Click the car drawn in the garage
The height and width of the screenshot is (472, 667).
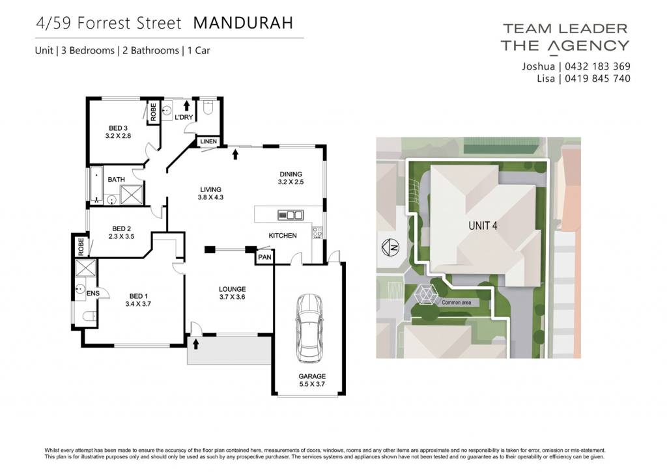point(309,328)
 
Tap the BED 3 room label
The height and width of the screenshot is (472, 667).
point(118,128)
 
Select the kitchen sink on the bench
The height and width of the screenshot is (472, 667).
point(291,215)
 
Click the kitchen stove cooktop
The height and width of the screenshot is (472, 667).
point(317,232)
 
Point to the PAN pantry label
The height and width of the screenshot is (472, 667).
point(264,257)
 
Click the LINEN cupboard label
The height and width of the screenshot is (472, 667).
point(208,141)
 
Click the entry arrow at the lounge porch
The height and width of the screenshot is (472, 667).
point(195,344)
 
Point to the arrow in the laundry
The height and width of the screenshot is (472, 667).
point(186,105)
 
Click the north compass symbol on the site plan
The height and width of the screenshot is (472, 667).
point(390,247)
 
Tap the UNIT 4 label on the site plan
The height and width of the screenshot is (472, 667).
point(483,225)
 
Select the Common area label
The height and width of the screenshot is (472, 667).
point(457,302)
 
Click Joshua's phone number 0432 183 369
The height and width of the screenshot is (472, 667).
point(598,66)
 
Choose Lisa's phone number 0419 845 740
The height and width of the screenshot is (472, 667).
point(598,79)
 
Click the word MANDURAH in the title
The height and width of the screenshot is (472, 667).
point(244,23)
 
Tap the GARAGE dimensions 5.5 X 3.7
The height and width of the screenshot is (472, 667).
point(312,384)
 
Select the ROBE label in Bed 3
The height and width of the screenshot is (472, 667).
point(153,112)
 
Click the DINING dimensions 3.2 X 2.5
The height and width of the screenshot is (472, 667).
point(291,182)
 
